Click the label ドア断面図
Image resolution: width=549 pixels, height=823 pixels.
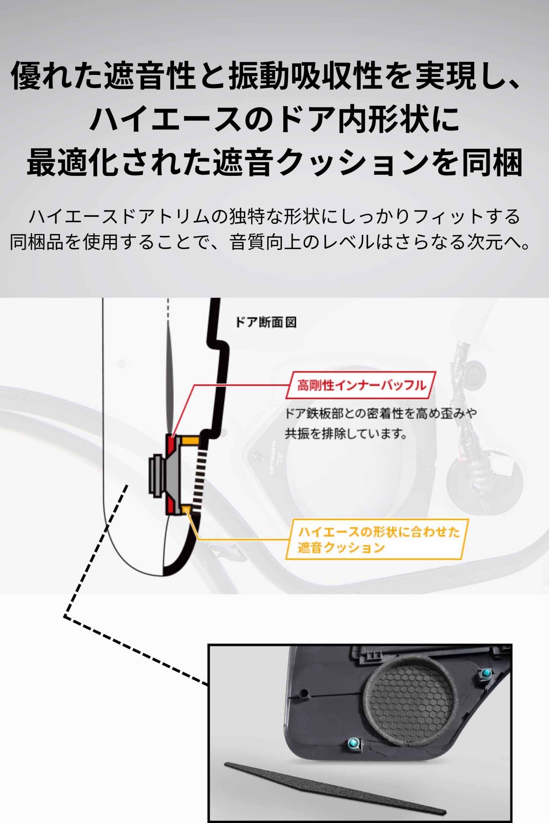coord(266,322)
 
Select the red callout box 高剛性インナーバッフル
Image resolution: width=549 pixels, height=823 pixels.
coord(361,385)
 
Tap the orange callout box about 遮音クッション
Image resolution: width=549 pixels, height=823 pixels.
coord(377,539)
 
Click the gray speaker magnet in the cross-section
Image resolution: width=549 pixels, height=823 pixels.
coord(156,475)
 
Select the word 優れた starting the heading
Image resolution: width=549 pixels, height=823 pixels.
coord(57,75)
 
